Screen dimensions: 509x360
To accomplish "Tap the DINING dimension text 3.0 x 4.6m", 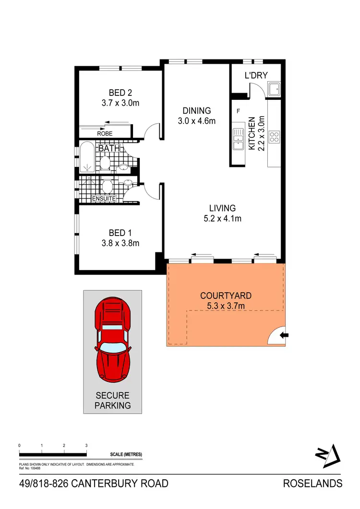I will (196, 121).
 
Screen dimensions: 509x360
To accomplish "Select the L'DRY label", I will (256, 75).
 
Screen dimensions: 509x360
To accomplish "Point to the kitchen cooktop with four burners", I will (275, 137).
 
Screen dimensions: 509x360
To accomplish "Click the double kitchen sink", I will (238, 139).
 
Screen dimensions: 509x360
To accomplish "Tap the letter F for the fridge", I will (238, 111).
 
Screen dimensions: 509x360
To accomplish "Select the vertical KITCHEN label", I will (251, 136).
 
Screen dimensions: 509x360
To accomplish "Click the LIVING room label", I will (222, 208).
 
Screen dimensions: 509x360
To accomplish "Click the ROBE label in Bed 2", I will (105, 134).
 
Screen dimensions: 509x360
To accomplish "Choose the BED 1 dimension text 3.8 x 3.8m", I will (120, 243).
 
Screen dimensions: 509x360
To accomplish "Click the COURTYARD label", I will (225, 296).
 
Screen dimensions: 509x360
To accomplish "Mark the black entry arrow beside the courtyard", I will (284, 335).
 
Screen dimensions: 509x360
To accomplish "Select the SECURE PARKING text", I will (113, 401).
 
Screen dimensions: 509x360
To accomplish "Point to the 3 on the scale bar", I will (86, 446).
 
